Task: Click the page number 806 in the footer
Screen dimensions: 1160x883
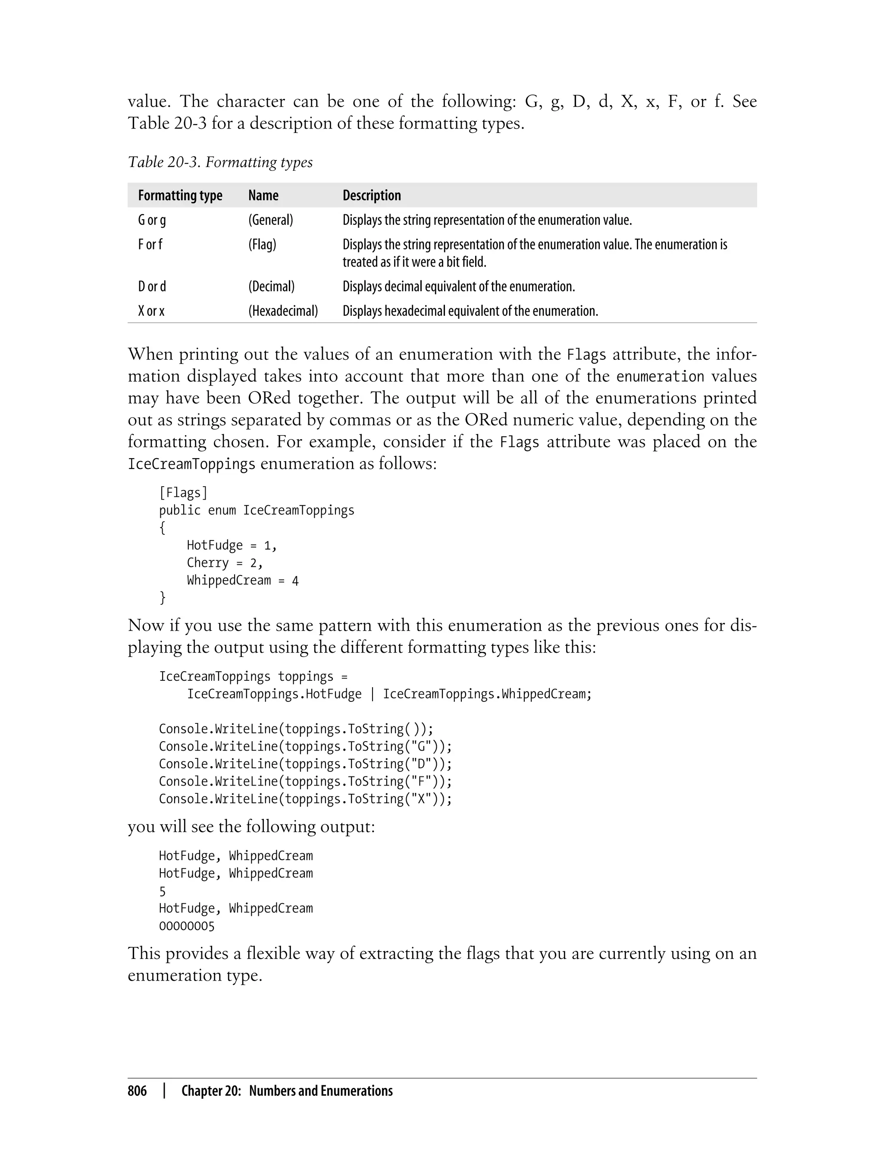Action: click(x=137, y=1091)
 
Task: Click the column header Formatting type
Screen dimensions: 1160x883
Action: click(x=180, y=195)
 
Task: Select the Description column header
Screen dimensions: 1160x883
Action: click(x=372, y=195)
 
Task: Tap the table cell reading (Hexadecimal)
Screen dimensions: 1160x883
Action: click(x=283, y=311)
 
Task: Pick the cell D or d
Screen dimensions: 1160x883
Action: click(x=152, y=286)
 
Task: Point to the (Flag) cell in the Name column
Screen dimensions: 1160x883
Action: click(x=262, y=245)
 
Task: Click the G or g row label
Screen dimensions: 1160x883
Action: click(x=152, y=220)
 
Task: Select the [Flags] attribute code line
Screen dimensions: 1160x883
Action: click(x=183, y=493)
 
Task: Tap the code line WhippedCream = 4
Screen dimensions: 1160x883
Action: click(x=242, y=581)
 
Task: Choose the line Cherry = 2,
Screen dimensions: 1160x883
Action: click(x=225, y=563)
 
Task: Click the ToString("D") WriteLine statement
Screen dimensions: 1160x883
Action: click(x=305, y=764)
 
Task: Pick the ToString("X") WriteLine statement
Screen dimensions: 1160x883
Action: click(x=305, y=799)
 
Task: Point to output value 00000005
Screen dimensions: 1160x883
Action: click(x=187, y=927)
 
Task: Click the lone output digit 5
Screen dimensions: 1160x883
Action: click(x=163, y=892)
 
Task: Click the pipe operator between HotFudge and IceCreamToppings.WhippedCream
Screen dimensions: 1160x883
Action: click(x=373, y=694)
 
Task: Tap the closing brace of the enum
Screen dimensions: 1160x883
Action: click(x=163, y=598)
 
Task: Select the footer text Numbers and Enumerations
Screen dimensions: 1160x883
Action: click(x=321, y=1091)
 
